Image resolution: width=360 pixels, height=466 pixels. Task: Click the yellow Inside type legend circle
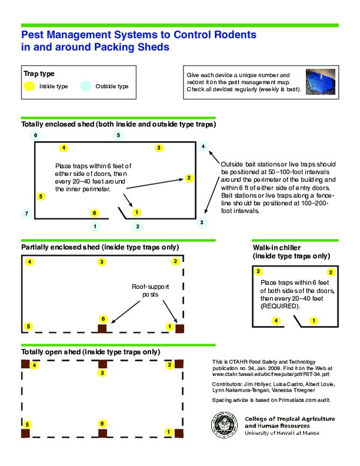tap(28, 86)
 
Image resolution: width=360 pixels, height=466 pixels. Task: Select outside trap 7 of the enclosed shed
tap(25, 213)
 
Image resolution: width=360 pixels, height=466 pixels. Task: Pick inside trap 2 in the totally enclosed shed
tap(188, 178)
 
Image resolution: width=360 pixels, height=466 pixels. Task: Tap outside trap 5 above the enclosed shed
tap(119, 136)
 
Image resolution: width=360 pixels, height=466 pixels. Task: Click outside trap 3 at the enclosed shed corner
tap(202, 222)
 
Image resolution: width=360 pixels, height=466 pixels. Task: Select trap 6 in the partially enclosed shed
tap(103, 319)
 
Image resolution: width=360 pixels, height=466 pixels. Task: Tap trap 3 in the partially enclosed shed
tap(102, 262)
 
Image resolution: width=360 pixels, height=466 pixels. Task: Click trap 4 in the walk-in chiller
tap(276, 321)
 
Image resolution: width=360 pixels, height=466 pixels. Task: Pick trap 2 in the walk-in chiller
tap(331, 272)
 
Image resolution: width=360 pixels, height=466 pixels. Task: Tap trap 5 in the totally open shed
tap(28, 425)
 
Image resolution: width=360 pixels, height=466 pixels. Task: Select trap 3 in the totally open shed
tap(103, 374)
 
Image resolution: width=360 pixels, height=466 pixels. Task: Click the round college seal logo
tap(224, 426)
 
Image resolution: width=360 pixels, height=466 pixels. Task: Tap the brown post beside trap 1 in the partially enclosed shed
tap(179, 328)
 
